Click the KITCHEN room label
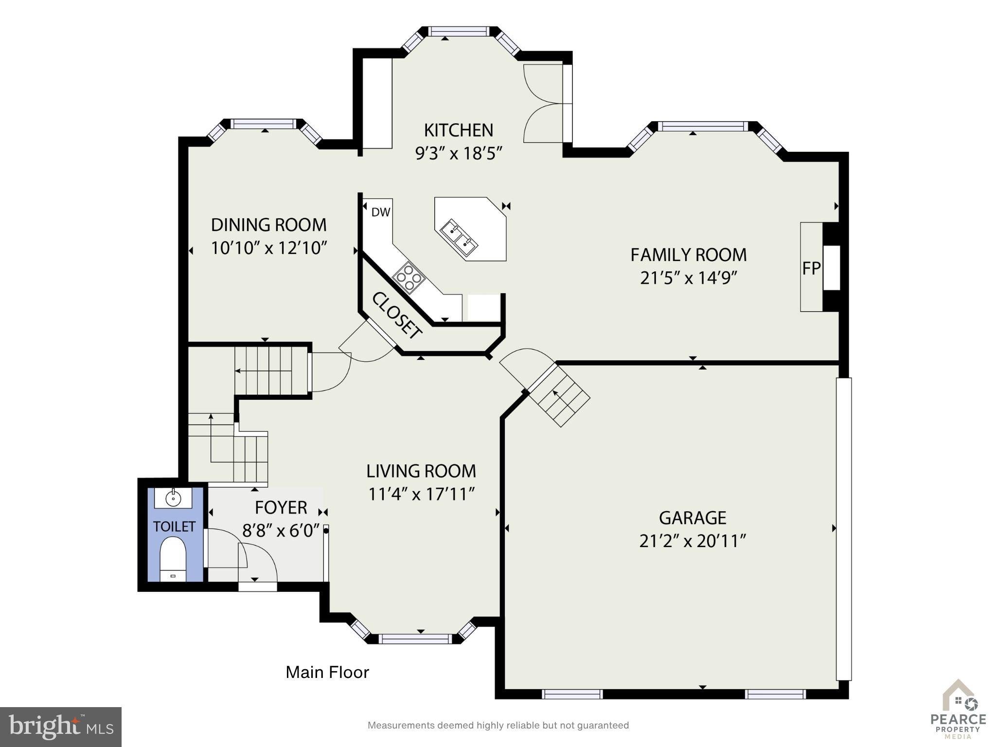pyautogui.click(x=459, y=130)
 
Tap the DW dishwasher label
pyautogui.click(x=381, y=212)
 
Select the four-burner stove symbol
pyautogui.click(x=409, y=278)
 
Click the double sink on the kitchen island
pyautogui.click(x=459, y=237)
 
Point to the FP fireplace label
pyautogui.click(x=811, y=268)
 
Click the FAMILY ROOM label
pyautogui.click(x=688, y=255)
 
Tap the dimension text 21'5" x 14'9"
pyautogui.click(x=689, y=278)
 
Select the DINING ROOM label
pyautogui.click(x=268, y=225)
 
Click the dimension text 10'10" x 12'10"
pyautogui.click(x=268, y=248)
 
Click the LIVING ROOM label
pyautogui.click(x=421, y=471)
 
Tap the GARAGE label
pyautogui.click(x=693, y=518)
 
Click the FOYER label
pyautogui.click(x=281, y=508)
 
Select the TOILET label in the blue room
pyautogui.click(x=174, y=527)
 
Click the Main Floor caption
pyautogui.click(x=327, y=672)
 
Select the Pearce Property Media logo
pyautogui.click(x=958, y=710)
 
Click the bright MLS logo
pyautogui.click(x=61, y=727)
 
